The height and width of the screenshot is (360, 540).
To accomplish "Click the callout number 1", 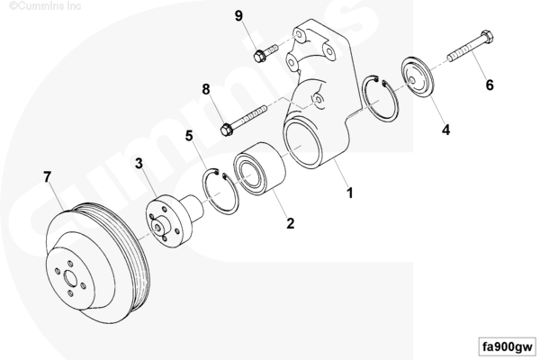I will click(350, 193).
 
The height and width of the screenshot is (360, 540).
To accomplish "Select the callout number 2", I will click(291, 222).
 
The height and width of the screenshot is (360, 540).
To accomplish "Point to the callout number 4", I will click(445, 130).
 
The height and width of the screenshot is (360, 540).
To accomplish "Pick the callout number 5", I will click(190, 136).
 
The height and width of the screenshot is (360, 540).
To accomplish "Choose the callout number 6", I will click(490, 85).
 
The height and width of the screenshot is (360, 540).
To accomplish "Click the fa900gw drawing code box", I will click(507, 346).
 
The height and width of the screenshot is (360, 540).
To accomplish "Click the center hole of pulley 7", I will click(73, 290).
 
